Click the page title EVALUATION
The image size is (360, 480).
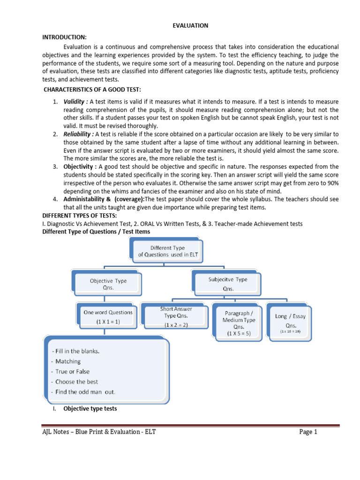[190, 26]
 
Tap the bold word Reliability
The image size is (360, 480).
[78, 134]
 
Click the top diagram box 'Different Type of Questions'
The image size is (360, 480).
[167, 251]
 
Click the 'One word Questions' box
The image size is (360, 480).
[108, 316]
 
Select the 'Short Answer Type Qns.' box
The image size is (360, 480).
[176, 316]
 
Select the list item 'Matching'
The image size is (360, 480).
[67, 361]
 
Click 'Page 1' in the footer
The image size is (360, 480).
[308, 432]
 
